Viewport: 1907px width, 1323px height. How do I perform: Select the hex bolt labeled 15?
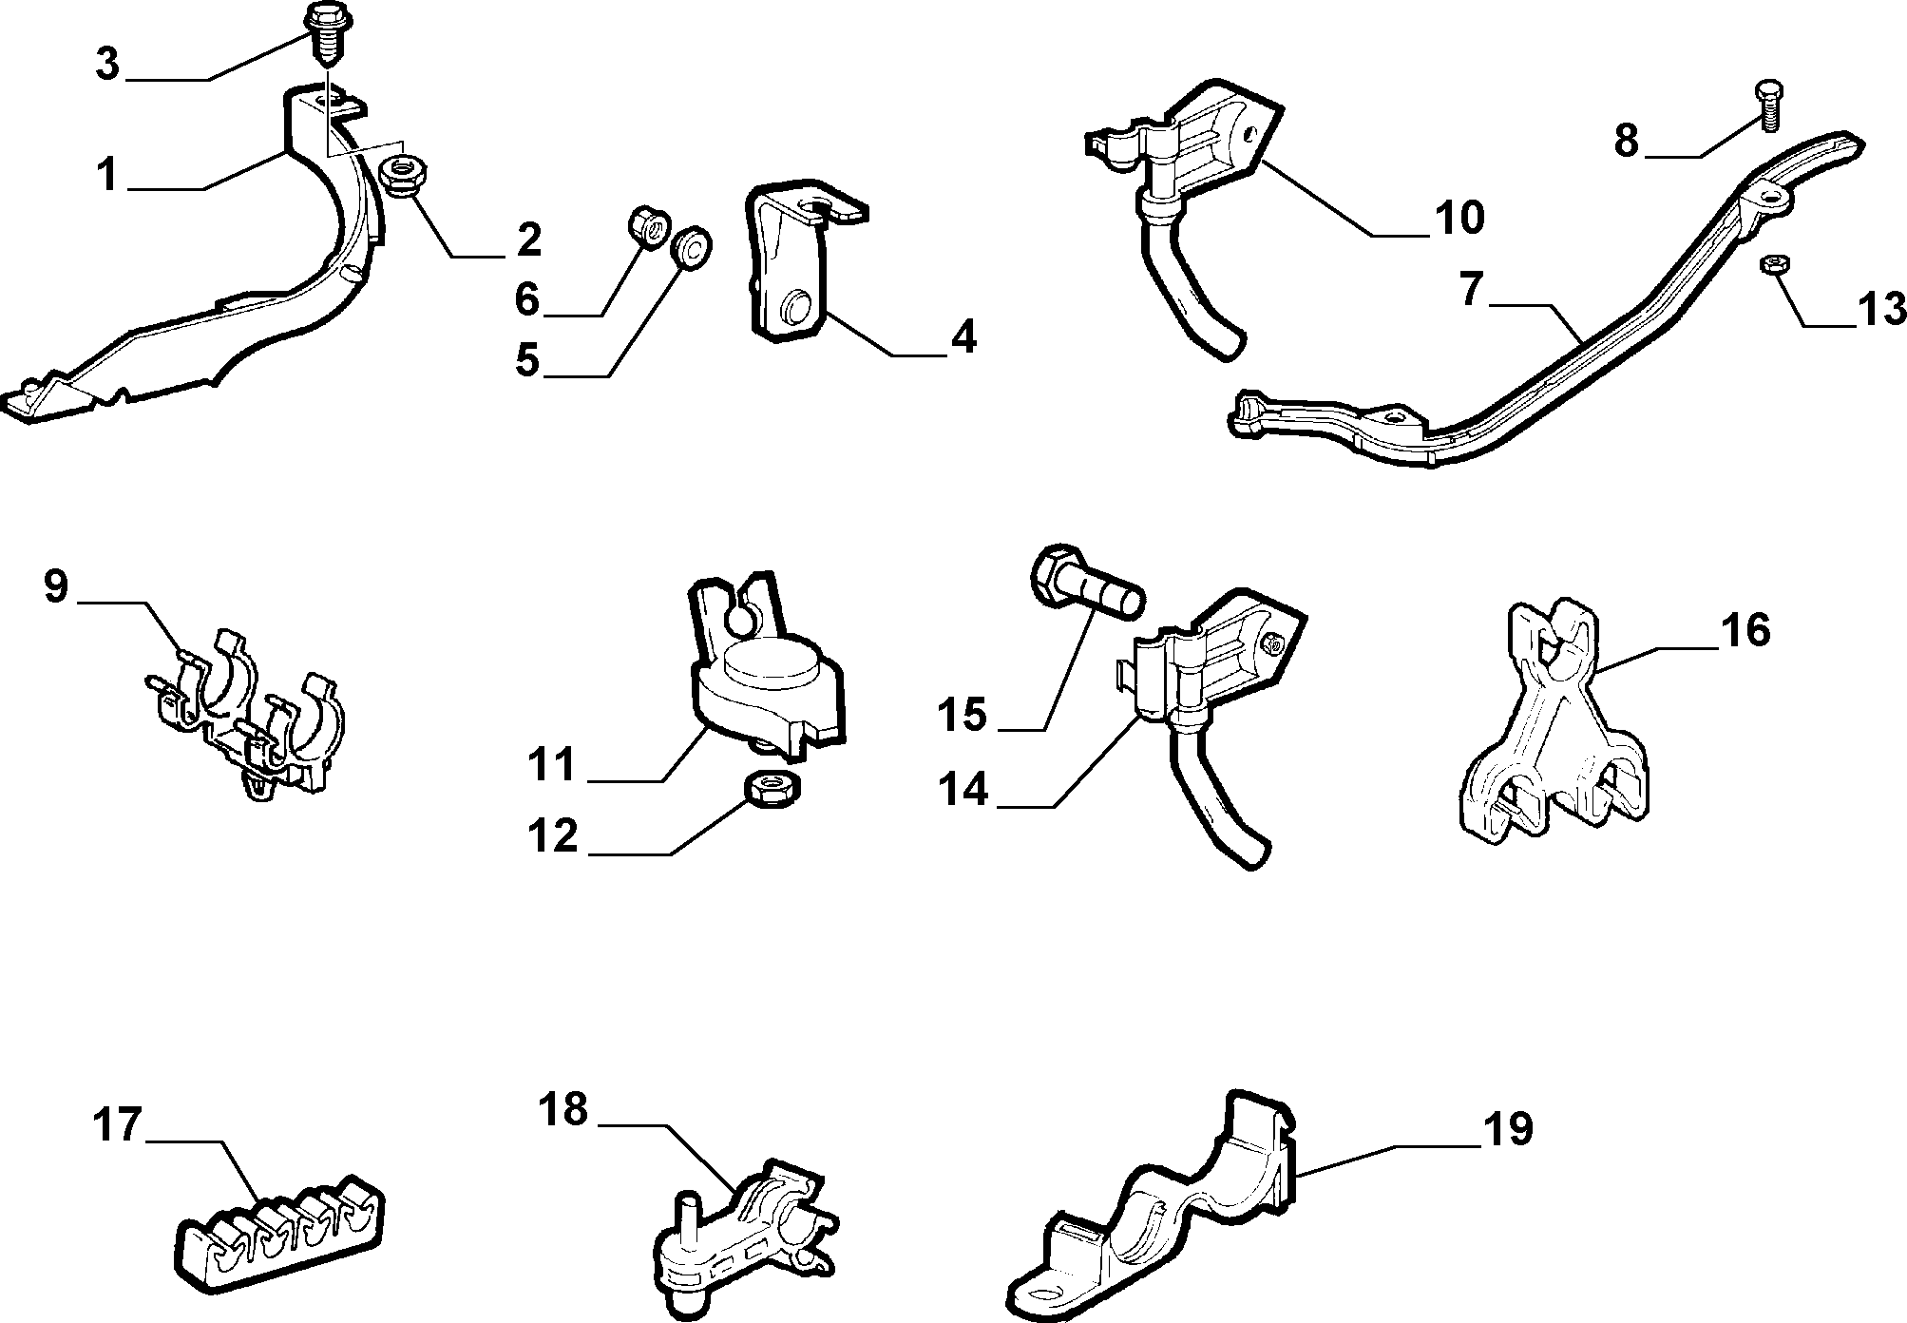[1085, 577]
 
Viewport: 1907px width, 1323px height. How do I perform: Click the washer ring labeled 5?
[692, 249]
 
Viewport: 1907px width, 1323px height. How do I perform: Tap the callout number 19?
[1506, 1128]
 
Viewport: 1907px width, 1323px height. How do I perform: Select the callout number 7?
[1471, 290]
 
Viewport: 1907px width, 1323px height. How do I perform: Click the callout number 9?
[56, 586]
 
